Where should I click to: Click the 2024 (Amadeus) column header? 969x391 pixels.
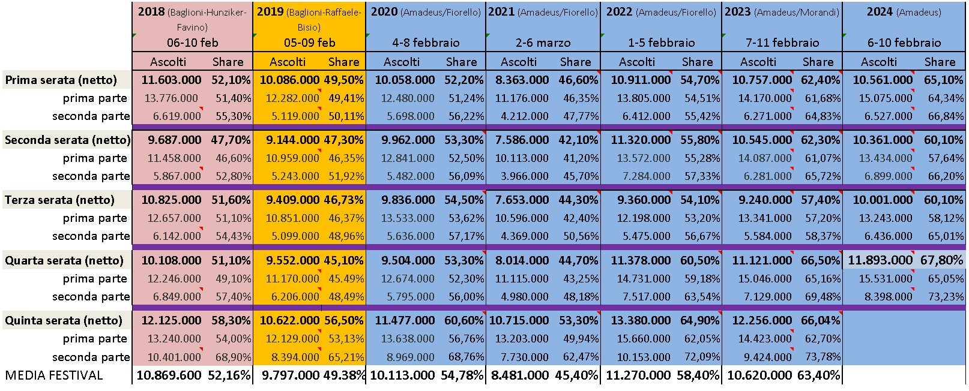(904, 12)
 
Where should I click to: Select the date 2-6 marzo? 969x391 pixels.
(543, 43)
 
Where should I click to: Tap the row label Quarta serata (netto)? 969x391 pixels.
(64, 260)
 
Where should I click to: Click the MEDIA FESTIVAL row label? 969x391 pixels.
(54, 375)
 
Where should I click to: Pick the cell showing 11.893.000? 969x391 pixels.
(880, 260)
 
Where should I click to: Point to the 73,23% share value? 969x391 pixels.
(946, 296)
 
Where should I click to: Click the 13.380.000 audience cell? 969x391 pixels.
(641, 320)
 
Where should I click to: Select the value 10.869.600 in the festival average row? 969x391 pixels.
(169, 375)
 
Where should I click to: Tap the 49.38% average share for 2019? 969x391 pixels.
(344, 375)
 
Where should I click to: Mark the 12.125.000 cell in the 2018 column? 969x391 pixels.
(171, 320)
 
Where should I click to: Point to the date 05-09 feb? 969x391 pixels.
(309, 43)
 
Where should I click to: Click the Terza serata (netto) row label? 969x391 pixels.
(59, 200)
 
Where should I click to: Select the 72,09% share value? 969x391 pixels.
(702, 357)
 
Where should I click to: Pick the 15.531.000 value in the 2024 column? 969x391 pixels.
(885, 279)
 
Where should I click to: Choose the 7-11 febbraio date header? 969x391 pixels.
(782, 43)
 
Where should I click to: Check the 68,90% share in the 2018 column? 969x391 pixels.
(233, 357)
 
